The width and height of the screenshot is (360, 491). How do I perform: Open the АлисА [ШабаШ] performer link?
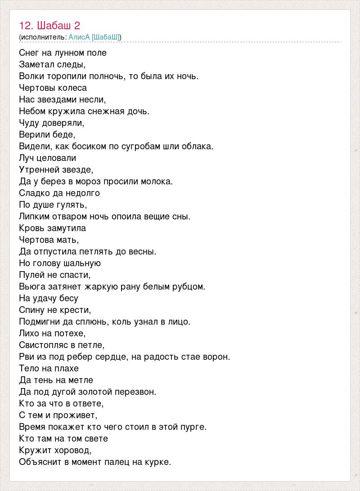point(94,37)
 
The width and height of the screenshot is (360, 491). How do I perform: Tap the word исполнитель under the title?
point(43,37)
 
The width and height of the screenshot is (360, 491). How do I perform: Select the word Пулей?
point(32,275)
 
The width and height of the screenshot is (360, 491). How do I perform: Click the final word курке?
point(158,462)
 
